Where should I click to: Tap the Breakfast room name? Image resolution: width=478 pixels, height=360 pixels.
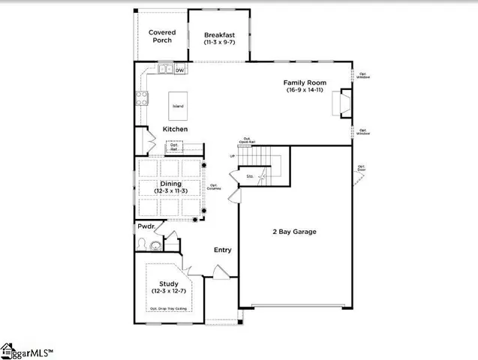(221, 35)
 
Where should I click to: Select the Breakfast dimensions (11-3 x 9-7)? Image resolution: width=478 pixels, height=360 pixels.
(221, 43)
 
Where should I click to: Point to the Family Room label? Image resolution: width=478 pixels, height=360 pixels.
(304, 82)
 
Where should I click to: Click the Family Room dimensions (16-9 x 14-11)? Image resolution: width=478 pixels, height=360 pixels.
(304, 90)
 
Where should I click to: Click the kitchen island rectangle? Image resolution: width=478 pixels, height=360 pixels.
(178, 106)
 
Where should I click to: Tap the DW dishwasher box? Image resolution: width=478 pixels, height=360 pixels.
(180, 70)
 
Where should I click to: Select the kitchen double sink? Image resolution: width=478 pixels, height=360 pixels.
(167, 70)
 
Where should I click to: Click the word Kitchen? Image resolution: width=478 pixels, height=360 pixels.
(175, 129)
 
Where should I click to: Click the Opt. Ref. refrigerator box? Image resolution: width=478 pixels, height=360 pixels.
(174, 149)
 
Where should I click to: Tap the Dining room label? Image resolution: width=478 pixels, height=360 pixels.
(170, 183)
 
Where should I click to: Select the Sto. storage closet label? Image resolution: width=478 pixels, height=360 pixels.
(251, 177)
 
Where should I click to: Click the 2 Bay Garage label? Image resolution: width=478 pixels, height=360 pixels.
(293, 232)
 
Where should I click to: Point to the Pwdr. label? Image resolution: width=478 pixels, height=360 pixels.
(146, 226)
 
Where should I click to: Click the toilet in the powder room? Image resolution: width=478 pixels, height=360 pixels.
(156, 246)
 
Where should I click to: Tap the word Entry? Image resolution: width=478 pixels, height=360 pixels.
(222, 250)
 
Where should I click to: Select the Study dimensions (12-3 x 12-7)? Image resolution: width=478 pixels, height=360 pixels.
(169, 290)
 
